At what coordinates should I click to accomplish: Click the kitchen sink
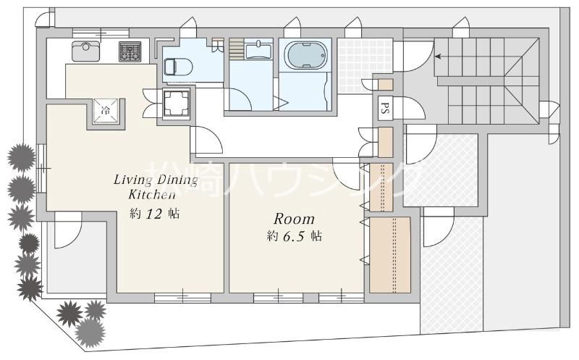click(85, 51)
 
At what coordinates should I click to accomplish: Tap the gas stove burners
click(131, 51)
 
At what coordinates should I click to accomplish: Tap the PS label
click(385, 109)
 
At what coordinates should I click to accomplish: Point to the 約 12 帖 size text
click(155, 214)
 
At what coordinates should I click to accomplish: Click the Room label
click(293, 218)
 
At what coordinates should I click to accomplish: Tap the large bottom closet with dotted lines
click(389, 255)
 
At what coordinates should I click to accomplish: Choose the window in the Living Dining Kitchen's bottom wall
click(182, 297)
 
